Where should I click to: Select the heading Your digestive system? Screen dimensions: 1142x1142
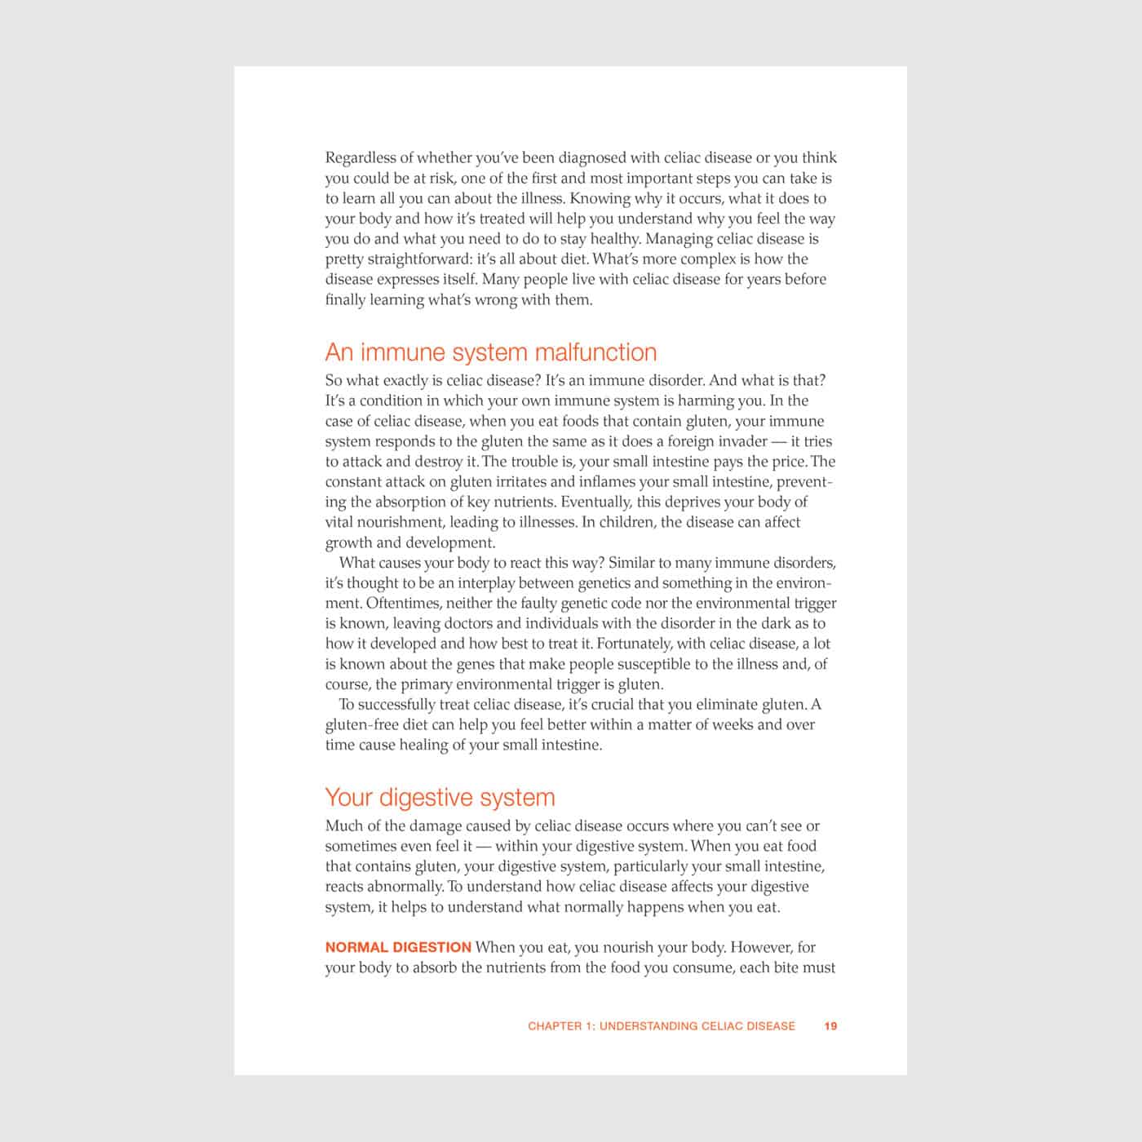[x=440, y=797]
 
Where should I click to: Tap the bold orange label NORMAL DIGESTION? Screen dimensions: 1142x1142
[x=398, y=947]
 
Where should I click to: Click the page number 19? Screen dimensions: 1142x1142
[x=830, y=1026]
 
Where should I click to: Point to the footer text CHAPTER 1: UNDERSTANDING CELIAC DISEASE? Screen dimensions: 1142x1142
[x=661, y=1026]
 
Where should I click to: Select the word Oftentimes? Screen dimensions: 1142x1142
[x=401, y=603]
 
